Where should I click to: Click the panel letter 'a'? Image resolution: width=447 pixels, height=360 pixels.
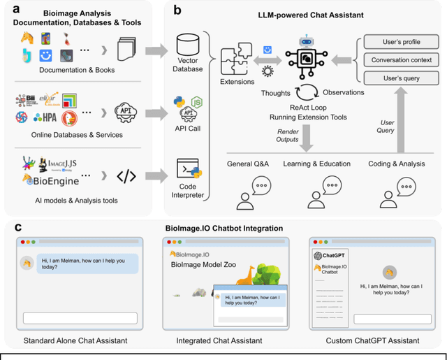(x=9, y=10)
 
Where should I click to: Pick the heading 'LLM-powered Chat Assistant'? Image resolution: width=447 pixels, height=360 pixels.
(x=302, y=14)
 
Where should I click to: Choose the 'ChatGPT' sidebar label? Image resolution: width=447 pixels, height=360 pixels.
(x=332, y=256)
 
